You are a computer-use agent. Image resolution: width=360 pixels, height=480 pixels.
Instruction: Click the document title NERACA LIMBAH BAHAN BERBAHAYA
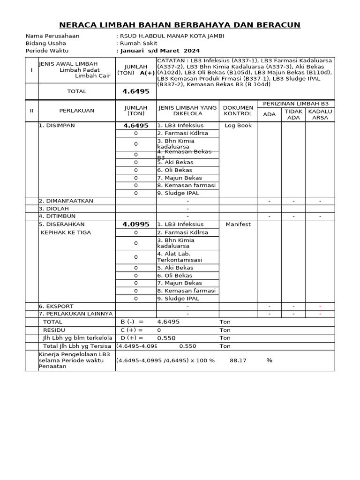click(180, 25)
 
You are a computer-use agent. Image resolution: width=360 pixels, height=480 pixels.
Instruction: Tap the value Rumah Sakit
click(139, 43)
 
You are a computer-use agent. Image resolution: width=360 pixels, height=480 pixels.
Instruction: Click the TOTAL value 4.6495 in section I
click(136, 91)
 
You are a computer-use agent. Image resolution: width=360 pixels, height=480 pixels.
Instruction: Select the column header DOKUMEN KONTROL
click(238, 111)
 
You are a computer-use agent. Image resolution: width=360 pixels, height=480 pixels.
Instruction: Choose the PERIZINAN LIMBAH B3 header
click(296, 103)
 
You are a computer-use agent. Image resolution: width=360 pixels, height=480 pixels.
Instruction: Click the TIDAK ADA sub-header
click(293, 114)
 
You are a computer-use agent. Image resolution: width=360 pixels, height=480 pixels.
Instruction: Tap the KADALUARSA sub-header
click(320, 114)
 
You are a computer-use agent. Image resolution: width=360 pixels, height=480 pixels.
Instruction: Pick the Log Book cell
click(238, 126)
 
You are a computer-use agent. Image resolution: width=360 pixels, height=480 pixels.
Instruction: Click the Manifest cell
click(238, 225)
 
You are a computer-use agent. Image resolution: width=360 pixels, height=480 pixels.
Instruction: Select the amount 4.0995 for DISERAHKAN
click(136, 225)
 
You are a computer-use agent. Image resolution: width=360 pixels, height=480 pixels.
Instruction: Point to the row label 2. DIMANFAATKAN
click(66, 201)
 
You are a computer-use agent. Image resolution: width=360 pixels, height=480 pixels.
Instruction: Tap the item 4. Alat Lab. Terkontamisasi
click(180, 256)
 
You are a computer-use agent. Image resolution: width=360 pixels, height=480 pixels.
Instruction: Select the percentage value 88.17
click(238, 360)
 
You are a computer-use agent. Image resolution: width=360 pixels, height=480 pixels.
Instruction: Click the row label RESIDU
click(54, 330)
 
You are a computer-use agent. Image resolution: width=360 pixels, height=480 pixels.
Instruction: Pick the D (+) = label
click(132, 338)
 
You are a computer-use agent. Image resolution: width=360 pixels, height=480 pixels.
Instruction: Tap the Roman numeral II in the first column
click(31, 111)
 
